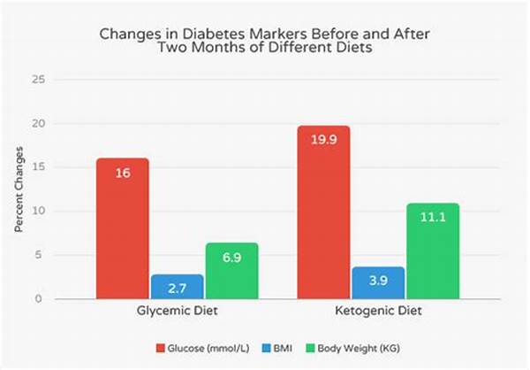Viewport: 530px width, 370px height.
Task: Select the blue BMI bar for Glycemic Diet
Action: pyautogui.click(x=177, y=287)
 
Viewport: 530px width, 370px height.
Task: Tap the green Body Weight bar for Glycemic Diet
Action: pyautogui.click(x=231, y=271)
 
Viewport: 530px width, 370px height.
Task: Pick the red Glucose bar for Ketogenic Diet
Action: pyautogui.click(x=324, y=212)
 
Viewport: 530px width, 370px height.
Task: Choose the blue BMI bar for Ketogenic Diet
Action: pyautogui.click(x=377, y=283)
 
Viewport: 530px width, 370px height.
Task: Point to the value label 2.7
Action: pyautogui.click(x=177, y=289)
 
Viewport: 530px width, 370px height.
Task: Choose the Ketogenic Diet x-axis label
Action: pyautogui.click(x=377, y=312)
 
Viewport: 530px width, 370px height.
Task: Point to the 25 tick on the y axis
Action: pyautogui.click(x=38, y=80)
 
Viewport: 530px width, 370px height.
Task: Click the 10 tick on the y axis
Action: pyautogui.click(x=38, y=212)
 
